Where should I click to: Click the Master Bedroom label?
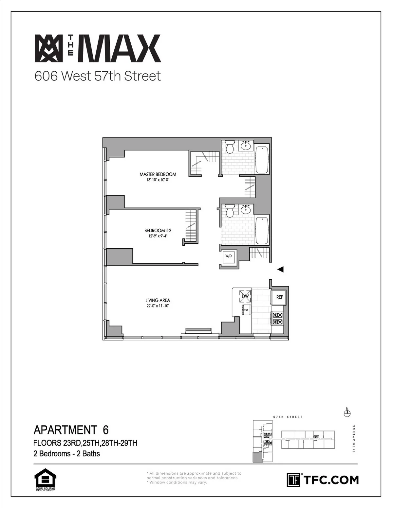coord(158,174)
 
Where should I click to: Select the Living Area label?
coord(158,300)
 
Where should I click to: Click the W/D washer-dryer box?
coord(228,256)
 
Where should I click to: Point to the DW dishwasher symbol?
coord(246,296)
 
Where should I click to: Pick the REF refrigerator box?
coord(279,297)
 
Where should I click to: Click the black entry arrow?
coord(280,270)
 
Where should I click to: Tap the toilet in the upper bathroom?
coord(229,147)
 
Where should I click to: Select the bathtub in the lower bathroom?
coord(262,230)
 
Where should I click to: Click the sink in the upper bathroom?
coord(246,146)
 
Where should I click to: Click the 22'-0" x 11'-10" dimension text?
coord(158,306)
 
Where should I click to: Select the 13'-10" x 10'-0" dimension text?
coord(158,180)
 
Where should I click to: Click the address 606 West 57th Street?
coord(98,76)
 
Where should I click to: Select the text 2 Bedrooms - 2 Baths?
coord(66,454)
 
